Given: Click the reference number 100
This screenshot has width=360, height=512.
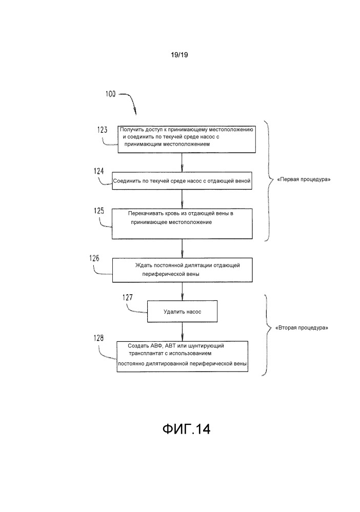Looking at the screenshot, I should pos(110,94).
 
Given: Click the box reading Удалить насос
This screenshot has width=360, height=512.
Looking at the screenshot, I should pos(183,311).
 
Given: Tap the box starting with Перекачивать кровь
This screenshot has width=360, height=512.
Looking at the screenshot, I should pos(183,223).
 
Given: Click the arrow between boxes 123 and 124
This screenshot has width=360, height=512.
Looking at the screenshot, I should pos(183,162).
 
